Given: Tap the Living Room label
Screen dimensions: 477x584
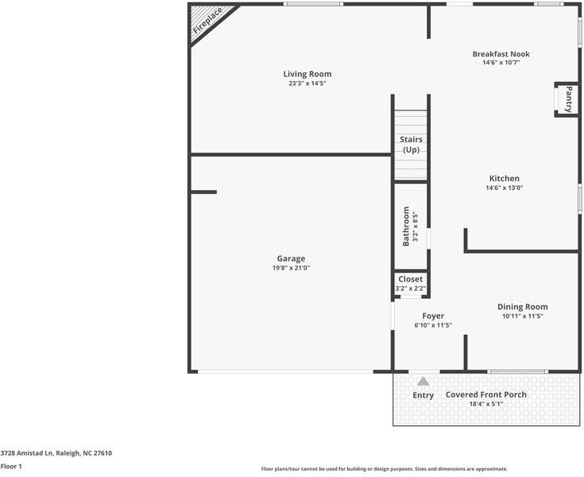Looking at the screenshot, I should [307, 74].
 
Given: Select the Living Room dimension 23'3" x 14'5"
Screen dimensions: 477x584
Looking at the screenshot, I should [307, 83].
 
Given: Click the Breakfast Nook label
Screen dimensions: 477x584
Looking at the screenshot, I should [501, 54].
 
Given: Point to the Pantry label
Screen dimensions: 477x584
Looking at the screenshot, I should [569, 99].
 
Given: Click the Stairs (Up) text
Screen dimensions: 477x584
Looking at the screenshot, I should [411, 145].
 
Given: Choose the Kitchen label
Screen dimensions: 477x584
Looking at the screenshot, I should [504, 178].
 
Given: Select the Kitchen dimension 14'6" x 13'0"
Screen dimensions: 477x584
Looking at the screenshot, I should [504, 188].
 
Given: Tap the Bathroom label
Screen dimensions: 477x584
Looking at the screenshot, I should [406, 226].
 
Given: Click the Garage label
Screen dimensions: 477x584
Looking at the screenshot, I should [291, 258].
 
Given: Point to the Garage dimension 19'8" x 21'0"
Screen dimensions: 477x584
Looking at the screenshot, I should [291, 268].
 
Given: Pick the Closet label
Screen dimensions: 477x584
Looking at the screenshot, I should [411, 279].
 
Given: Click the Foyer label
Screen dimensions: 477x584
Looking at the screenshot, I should [433, 316].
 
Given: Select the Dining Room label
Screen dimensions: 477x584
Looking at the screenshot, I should [522, 307].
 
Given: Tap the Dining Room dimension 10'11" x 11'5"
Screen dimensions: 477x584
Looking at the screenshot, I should [522, 316].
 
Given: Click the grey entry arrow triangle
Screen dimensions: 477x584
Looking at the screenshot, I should [423, 382].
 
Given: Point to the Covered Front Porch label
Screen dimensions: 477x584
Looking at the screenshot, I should [485, 394].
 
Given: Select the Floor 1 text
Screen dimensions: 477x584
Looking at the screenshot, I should [11, 467].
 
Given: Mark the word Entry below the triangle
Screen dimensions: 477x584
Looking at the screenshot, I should [423, 396].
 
